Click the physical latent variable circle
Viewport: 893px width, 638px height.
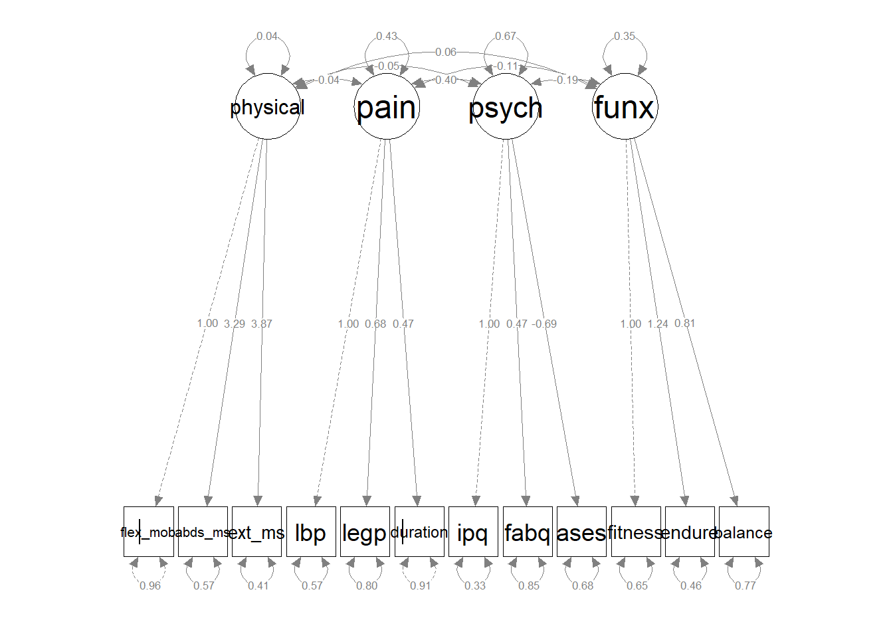[267, 106]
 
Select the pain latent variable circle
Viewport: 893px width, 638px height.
[386, 106]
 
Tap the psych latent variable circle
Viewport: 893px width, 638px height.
[506, 106]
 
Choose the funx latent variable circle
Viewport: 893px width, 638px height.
[625, 106]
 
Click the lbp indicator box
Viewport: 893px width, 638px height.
[311, 532]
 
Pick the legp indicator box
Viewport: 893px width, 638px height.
[365, 532]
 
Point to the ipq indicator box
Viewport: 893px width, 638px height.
[473, 532]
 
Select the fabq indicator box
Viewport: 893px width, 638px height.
[528, 532]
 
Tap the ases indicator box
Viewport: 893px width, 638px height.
[581, 532]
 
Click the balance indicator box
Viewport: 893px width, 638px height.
[744, 532]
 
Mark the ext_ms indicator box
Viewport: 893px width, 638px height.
[256, 532]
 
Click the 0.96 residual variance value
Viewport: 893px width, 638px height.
[150, 585]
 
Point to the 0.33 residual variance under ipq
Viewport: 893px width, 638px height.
[475, 585]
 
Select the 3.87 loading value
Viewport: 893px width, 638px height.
[262, 324]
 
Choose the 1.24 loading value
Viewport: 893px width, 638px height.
[658, 324]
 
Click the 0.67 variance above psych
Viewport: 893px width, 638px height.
[506, 36]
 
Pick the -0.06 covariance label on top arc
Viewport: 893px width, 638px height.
[446, 52]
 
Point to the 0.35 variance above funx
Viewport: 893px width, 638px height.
[625, 36]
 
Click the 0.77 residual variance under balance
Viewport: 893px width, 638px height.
[745, 585]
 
